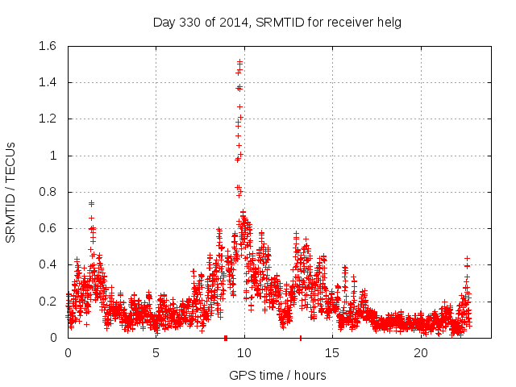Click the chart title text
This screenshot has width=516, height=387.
point(277,22)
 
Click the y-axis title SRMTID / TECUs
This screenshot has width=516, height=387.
point(11,192)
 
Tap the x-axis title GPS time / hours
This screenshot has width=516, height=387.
point(277,375)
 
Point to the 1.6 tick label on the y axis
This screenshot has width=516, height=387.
point(46,46)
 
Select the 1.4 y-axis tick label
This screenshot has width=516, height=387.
point(46,82)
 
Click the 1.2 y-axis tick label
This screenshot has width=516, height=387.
point(46,119)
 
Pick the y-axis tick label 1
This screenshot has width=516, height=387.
point(53,156)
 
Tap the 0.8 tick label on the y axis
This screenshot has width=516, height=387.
point(46,192)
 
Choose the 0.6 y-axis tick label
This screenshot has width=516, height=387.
point(46,228)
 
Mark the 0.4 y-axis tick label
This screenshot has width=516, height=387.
point(46,264)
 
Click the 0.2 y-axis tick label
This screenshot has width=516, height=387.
point(46,302)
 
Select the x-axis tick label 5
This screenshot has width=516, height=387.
point(156,353)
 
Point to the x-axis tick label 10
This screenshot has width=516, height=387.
point(243,353)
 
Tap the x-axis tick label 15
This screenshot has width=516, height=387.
point(332,353)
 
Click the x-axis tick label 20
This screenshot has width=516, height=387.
point(421,353)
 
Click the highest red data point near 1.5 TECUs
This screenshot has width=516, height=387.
point(239,61)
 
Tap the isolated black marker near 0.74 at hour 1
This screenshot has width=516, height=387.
point(91,203)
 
